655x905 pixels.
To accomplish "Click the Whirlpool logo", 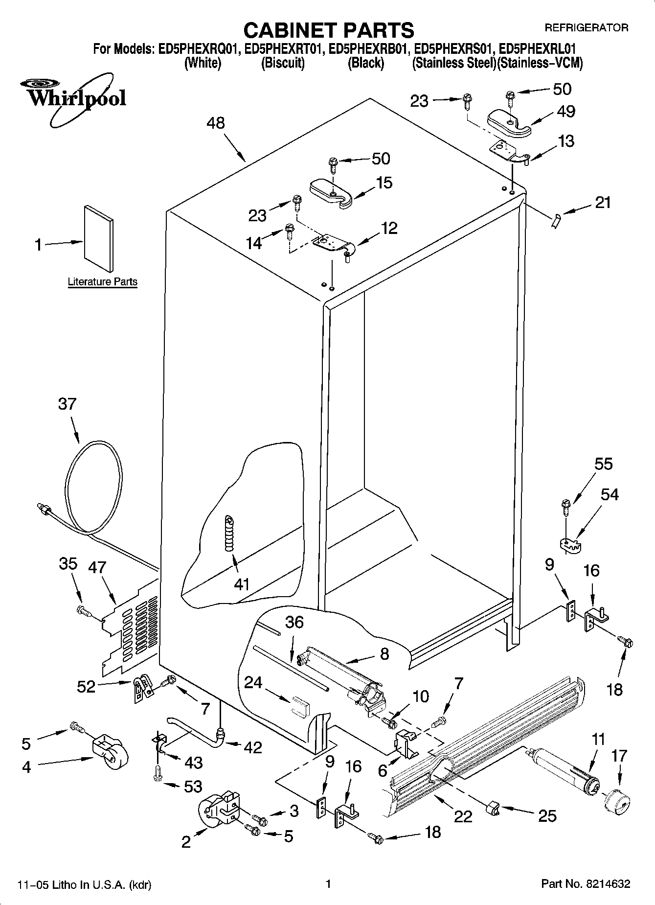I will point(76,98).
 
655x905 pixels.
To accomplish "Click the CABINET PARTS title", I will point(328,30).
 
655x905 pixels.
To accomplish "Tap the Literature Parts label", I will point(102,282).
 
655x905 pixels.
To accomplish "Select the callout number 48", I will point(215,123).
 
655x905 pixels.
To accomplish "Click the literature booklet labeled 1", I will point(99,237).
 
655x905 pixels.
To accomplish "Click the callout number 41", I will point(242,584).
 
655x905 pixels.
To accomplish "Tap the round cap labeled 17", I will point(615,802).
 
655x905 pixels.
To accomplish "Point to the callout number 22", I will point(463,815).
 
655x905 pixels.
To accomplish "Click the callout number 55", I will point(603,464).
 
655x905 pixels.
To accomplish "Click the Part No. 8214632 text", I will point(585,883).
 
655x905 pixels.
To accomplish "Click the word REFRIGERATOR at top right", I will point(586,28).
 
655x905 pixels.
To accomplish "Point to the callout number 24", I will point(253,682).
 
